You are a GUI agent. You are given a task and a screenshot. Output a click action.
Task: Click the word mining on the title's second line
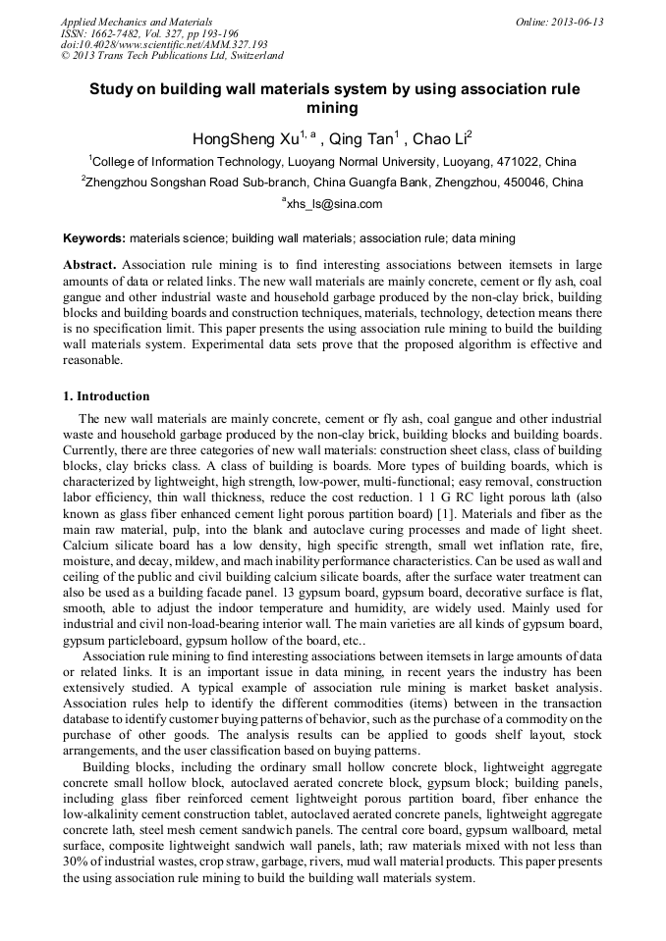[333, 108]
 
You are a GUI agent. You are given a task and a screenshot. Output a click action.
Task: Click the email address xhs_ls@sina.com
[334, 204]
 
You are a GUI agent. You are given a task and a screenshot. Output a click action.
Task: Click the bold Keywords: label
[94, 238]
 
